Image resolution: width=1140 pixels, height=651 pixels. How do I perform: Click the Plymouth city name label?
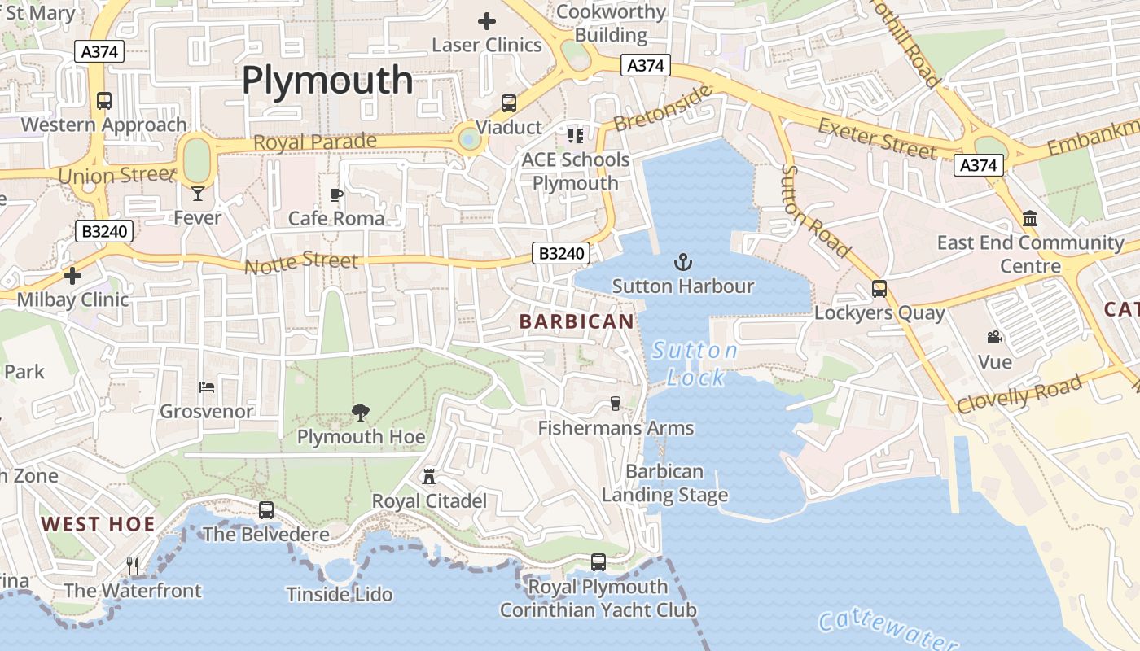tap(327, 81)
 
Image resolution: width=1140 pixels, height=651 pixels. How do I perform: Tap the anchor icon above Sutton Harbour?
tap(683, 262)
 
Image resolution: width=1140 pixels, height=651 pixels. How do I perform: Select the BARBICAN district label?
tap(577, 321)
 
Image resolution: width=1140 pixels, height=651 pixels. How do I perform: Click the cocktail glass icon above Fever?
tap(198, 193)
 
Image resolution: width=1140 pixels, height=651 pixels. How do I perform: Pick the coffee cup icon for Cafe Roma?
tap(336, 194)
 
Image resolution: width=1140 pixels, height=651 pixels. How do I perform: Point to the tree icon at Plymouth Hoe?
tap(361, 413)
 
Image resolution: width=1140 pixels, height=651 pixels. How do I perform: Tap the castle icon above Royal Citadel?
tap(429, 476)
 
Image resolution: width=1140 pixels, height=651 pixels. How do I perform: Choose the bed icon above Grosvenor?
tap(207, 387)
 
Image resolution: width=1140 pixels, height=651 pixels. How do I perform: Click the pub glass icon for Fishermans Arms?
tap(616, 403)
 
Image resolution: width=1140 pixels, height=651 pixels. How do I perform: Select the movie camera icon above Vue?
tap(994, 337)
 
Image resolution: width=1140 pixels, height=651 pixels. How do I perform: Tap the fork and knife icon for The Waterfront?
tap(133, 566)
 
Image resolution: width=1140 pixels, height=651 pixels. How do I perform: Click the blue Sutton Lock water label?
tap(695, 364)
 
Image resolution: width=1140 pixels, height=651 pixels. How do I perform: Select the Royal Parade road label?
tap(315, 142)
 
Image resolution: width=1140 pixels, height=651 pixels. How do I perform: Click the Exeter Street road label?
tap(877, 138)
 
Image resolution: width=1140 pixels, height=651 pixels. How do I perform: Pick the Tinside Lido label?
tap(340, 595)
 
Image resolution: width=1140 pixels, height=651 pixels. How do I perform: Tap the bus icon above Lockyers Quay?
tap(879, 288)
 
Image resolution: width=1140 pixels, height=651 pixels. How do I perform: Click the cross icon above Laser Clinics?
tap(487, 21)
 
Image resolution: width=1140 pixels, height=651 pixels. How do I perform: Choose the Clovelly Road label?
tap(1019, 394)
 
